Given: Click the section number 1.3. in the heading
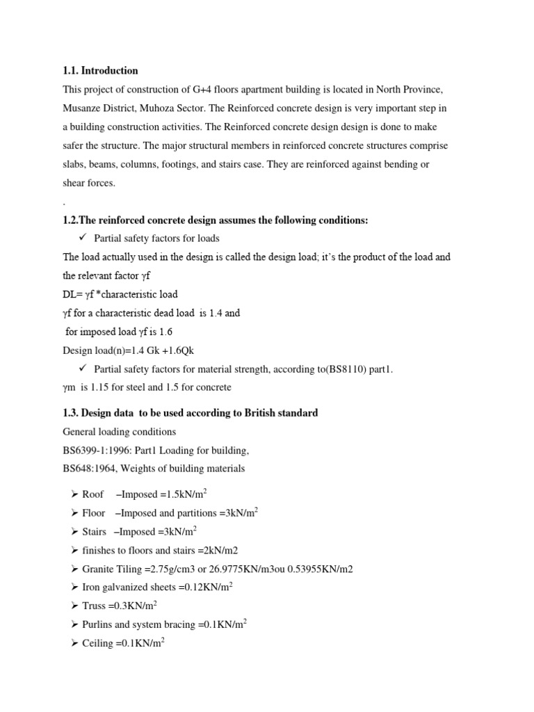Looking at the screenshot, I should [x=71, y=413].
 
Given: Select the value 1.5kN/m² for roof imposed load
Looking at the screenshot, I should [x=180, y=494].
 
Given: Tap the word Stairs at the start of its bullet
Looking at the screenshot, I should [x=95, y=532].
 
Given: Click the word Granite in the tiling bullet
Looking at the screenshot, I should [x=99, y=569].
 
